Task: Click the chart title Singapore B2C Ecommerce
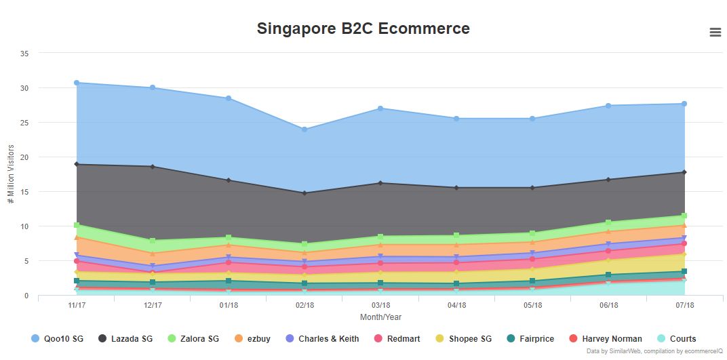pos(363,28)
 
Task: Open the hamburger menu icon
pos(715,33)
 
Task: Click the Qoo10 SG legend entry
pos(57,338)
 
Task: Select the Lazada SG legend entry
pos(123,338)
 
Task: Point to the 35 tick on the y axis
pos(24,53)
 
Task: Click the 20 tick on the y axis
pos(24,157)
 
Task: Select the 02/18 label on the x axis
pos(304,305)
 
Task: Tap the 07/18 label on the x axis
pos(684,305)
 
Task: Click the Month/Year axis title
pos(380,317)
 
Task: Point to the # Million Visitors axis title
pos(11,174)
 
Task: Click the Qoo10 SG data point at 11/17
pos(77,83)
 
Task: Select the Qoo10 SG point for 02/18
pos(304,129)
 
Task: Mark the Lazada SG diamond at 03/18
pos(380,183)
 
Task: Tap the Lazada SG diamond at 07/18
pos(684,172)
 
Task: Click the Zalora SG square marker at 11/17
pos(77,225)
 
